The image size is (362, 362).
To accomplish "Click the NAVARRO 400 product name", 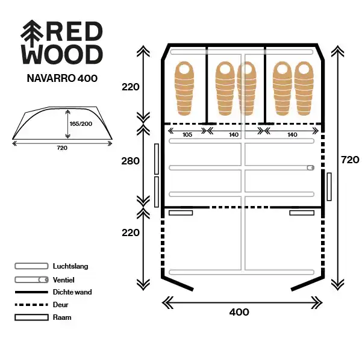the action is [x=62, y=78].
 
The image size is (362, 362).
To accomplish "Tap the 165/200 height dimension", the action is [x=81, y=123].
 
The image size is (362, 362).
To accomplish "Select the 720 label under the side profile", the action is [x=62, y=148].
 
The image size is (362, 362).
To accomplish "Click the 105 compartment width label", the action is [x=187, y=134].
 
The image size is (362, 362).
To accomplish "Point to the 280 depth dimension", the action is [x=131, y=161].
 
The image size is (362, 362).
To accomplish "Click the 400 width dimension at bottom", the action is [x=239, y=312].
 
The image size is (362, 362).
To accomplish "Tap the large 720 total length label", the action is [x=350, y=160].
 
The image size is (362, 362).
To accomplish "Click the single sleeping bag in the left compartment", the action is [x=184, y=89].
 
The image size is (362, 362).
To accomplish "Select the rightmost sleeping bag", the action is [x=304, y=89].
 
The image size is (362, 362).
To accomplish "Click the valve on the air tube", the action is [x=311, y=167].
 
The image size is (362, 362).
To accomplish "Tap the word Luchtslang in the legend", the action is [x=70, y=266].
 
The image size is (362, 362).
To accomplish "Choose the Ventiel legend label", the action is [x=63, y=280].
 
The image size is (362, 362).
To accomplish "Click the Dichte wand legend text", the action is [x=72, y=292].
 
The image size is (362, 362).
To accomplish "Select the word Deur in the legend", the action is [x=60, y=305].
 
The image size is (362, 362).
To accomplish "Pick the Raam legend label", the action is [x=62, y=317].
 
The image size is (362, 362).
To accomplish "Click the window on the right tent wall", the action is [x=329, y=187].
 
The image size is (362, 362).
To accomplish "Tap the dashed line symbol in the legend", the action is [x=31, y=305].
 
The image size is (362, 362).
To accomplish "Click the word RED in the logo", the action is [x=75, y=31].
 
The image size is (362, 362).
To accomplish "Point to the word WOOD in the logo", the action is [x=62, y=54].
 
